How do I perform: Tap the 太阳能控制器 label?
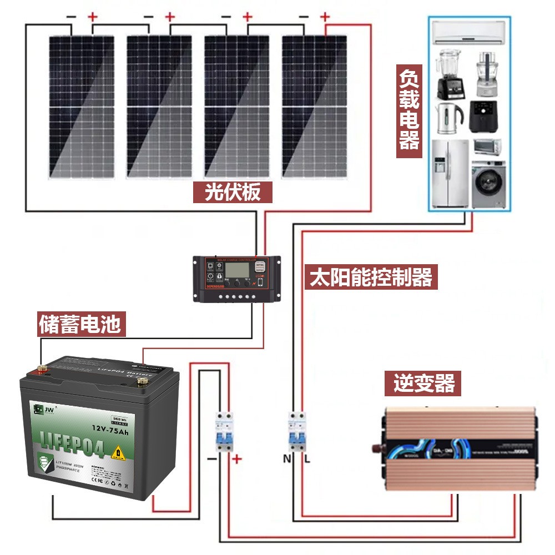click(x=371, y=276)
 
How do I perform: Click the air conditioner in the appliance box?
click(x=470, y=33)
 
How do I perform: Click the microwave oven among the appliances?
click(x=487, y=147)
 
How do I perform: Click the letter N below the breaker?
click(x=286, y=459)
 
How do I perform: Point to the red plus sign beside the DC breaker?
click(x=237, y=459)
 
